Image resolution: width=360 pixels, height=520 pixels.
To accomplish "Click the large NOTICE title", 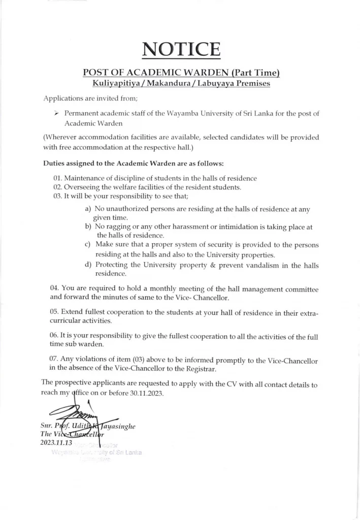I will click(181, 50).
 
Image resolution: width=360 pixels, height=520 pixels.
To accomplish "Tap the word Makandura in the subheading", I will click(168, 82).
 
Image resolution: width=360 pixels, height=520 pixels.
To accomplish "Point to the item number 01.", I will click(57, 178).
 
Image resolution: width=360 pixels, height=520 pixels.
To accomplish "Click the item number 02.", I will click(57, 187).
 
